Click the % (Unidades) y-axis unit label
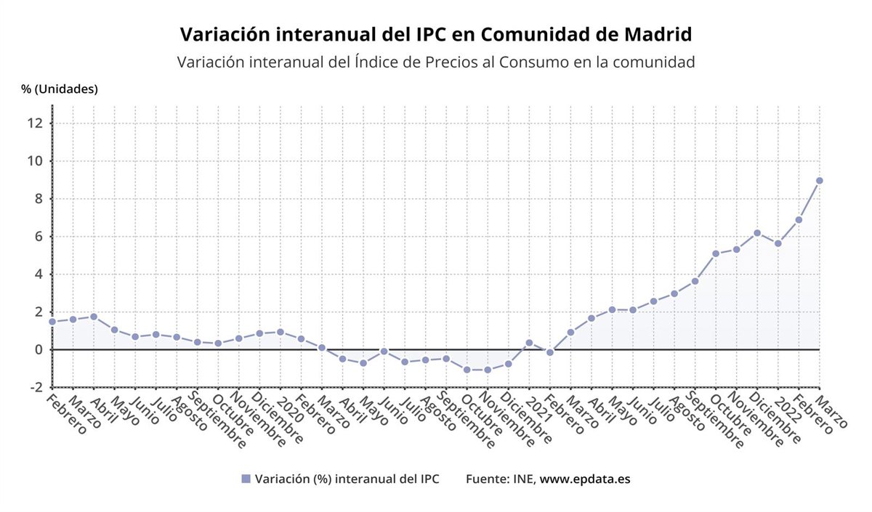point(60,89)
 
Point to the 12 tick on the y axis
point(36,123)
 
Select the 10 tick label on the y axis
point(36,160)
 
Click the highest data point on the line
point(819,180)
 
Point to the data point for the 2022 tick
point(778,243)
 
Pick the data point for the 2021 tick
point(529,342)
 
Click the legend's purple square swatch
point(246,479)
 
